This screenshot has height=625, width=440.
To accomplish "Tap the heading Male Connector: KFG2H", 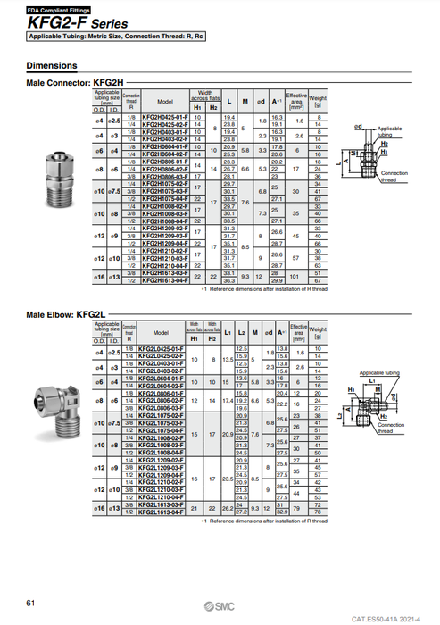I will coord(80,82).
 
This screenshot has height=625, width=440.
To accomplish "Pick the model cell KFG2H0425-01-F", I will coord(163,117).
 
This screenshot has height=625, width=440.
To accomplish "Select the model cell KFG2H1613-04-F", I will coord(163,282).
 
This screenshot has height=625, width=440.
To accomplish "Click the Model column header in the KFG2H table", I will coord(163,101).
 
